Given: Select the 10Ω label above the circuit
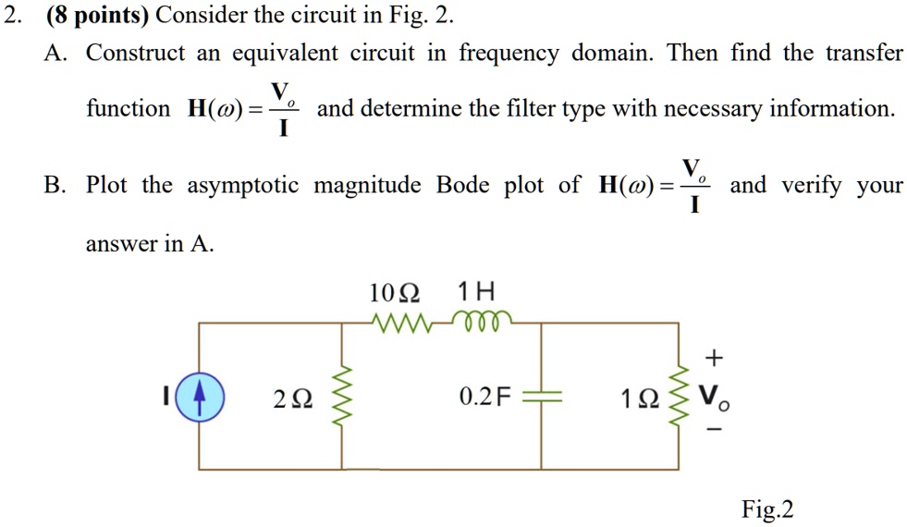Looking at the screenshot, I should click(394, 293).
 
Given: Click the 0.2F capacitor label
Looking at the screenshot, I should click(484, 398).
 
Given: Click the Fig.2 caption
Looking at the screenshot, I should click(767, 509).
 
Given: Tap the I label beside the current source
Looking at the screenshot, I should click(166, 398).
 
